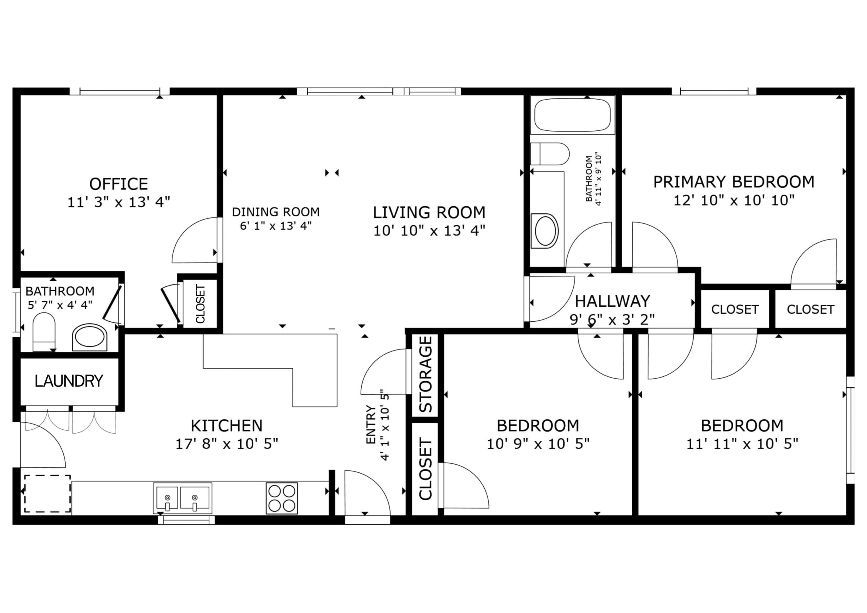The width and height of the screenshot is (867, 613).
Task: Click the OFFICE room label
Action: click(119, 184)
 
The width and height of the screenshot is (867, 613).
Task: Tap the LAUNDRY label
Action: click(69, 381)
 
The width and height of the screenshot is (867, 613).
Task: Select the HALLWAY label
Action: click(613, 301)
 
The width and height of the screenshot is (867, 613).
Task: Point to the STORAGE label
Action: click(426, 374)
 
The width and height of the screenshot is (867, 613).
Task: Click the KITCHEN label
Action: click(227, 426)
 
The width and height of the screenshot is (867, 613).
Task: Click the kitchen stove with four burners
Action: click(282, 498)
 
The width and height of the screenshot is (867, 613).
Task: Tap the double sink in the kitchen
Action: click(183, 498)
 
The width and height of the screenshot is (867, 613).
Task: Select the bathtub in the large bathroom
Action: click(572, 115)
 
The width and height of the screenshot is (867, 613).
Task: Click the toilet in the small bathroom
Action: click(44, 332)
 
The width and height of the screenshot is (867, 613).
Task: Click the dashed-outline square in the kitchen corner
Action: click(47, 494)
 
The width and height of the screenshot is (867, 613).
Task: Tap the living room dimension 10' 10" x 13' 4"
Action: click(429, 230)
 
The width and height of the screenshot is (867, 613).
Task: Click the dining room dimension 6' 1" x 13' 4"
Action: click(276, 226)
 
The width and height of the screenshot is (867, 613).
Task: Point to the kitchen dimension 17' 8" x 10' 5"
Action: click(227, 443)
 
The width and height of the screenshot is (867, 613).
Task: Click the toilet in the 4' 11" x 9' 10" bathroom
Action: click(550, 154)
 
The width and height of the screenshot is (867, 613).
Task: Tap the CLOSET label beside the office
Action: click(200, 304)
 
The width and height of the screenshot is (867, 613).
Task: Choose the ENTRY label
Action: click(371, 425)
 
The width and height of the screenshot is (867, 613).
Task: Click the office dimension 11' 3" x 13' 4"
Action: click(119, 202)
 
